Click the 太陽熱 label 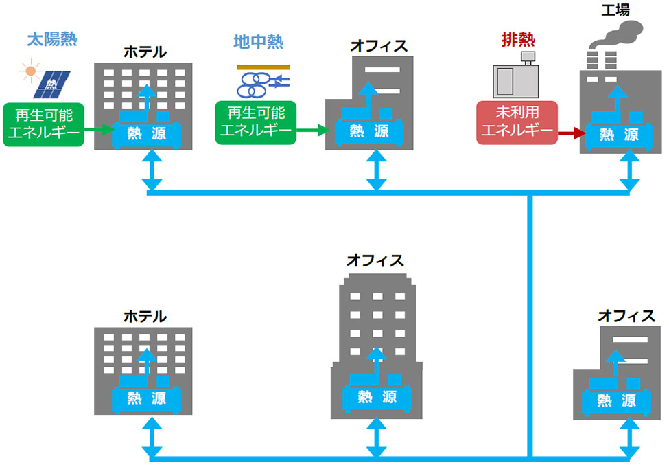click(52, 39)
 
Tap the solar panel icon click(51, 83)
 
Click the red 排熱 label click(518, 39)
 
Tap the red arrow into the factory click(570, 134)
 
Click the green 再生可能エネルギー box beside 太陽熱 click(43, 124)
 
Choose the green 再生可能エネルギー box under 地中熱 click(256, 123)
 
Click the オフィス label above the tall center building click(375, 261)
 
